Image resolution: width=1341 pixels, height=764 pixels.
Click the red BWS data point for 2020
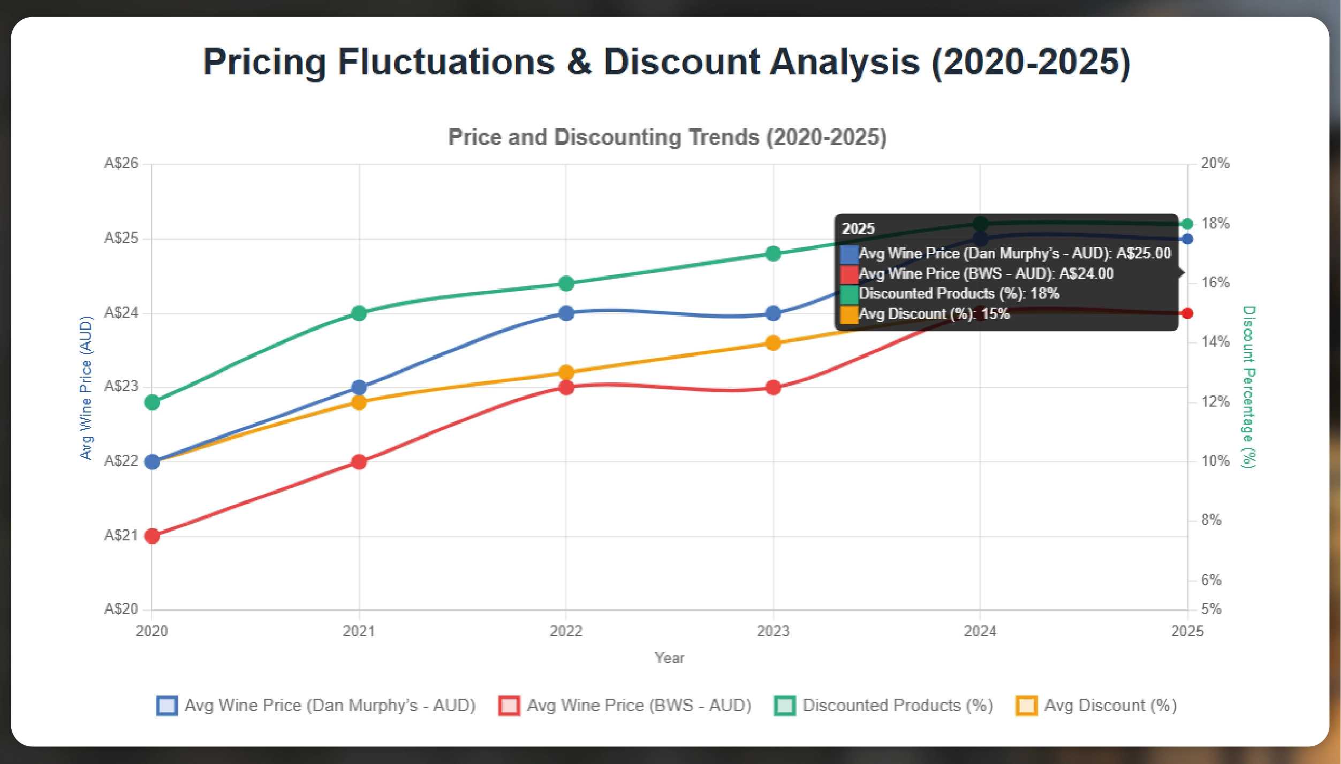(152, 536)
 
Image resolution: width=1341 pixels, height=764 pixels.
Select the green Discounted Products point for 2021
(359, 313)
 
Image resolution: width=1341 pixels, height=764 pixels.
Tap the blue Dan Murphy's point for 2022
(566, 313)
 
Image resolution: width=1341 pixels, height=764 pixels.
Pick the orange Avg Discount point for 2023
(773, 343)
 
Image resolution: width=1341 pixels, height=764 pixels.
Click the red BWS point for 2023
(773, 387)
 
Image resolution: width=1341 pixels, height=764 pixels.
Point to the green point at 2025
(1187, 224)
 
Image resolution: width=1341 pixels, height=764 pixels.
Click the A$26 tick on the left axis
(121, 163)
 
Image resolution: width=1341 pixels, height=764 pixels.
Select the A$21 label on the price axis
(121, 536)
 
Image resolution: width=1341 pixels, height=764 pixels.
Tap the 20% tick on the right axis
(1215, 163)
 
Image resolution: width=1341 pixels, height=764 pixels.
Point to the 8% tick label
(1211, 520)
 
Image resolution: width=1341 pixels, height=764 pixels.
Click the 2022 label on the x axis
(566, 631)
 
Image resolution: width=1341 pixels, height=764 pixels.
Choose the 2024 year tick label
(980, 631)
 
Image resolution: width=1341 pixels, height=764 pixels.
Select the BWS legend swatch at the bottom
(509, 706)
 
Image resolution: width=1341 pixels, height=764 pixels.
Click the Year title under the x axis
(669, 658)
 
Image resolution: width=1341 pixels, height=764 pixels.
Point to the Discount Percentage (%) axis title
(1249, 387)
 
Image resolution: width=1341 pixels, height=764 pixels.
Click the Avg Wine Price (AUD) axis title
(86, 388)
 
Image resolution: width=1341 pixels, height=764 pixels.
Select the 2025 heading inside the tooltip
(858, 229)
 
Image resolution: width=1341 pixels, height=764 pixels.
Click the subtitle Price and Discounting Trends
(667, 137)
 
